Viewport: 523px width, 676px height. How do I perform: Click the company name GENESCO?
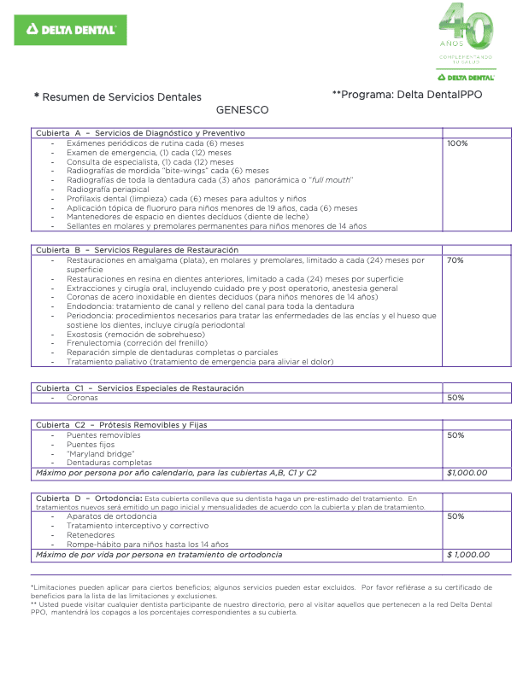[242, 110]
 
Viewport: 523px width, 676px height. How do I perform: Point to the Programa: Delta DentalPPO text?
[406, 95]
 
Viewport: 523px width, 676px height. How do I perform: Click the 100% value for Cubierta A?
[457, 143]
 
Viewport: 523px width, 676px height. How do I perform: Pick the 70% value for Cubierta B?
[455, 260]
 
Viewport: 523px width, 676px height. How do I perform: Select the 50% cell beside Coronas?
[455, 398]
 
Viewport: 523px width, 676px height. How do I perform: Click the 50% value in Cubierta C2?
[455, 435]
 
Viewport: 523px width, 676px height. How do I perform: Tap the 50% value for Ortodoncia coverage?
[455, 516]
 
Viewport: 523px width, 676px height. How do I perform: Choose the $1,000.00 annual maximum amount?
[467, 472]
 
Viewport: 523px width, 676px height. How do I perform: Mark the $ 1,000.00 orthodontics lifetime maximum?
[468, 555]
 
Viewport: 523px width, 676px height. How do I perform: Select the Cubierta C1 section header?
[139, 388]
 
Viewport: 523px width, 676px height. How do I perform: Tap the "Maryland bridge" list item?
[100, 453]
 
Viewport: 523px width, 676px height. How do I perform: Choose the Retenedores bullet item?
[93, 535]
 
